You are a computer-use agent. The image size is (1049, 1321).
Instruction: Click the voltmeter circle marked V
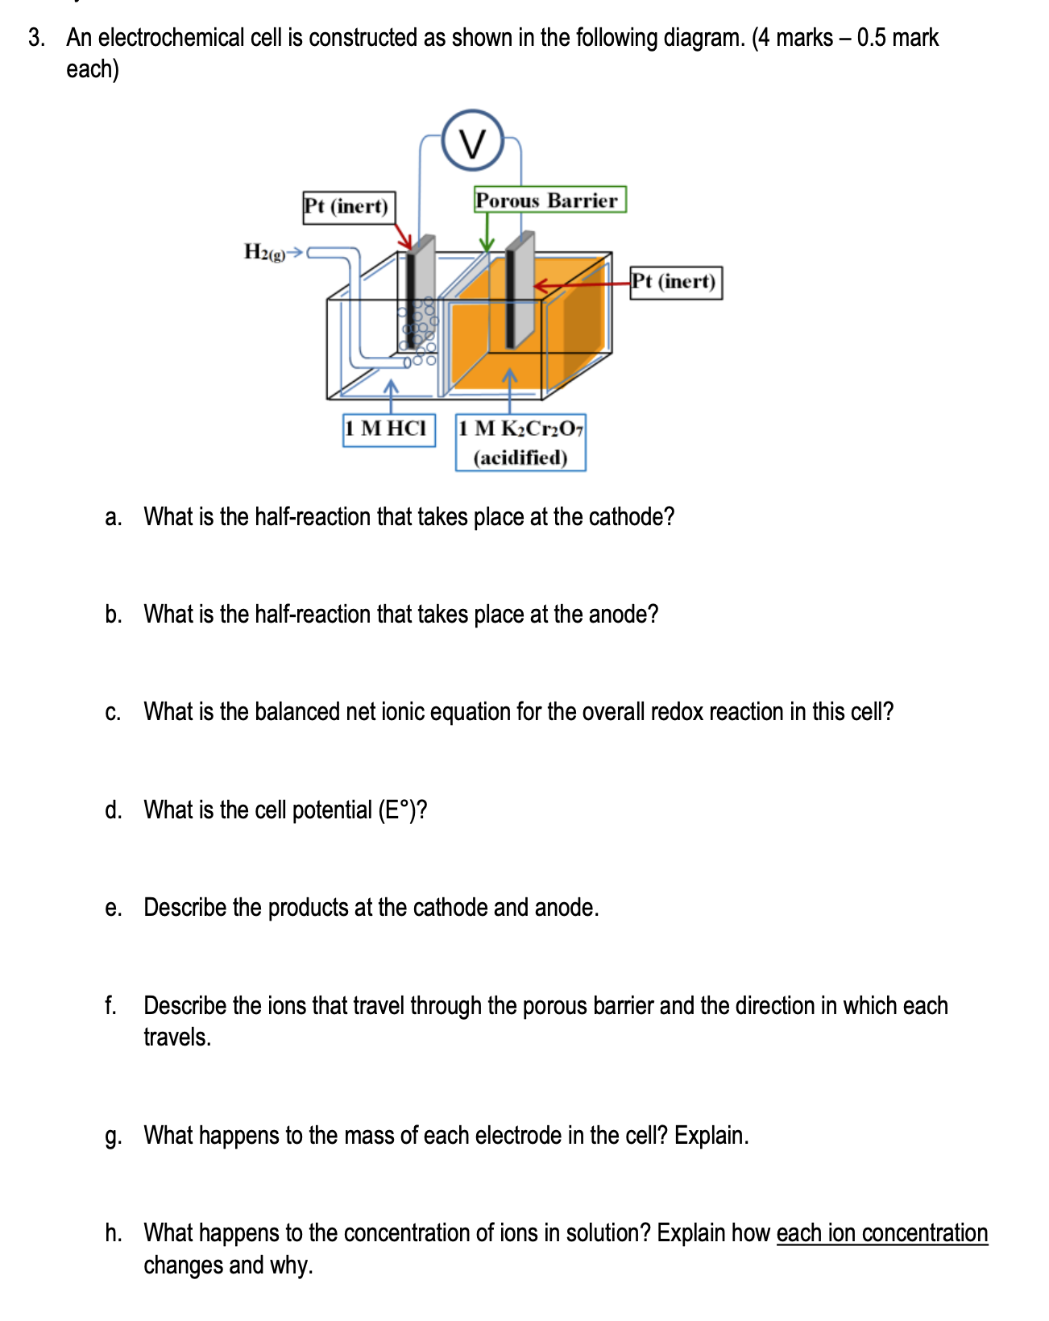coord(473,141)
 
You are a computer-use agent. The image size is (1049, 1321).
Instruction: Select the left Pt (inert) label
coord(348,207)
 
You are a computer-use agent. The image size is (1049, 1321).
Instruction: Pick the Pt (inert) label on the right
coord(675,282)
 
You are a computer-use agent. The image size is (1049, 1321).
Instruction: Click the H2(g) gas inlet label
coord(264,252)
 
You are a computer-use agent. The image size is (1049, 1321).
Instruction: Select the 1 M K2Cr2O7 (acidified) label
coord(520,442)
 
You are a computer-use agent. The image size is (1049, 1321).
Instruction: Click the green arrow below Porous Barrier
coord(486,233)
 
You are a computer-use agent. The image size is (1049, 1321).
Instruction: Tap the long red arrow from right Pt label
coord(580,284)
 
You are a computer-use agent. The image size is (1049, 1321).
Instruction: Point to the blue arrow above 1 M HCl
coord(391,395)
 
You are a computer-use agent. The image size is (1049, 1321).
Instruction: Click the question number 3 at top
coord(35,38)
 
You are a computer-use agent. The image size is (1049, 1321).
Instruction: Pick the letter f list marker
coord(110,1005)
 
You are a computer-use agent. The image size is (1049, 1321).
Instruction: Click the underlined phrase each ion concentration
coord(881,1233)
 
